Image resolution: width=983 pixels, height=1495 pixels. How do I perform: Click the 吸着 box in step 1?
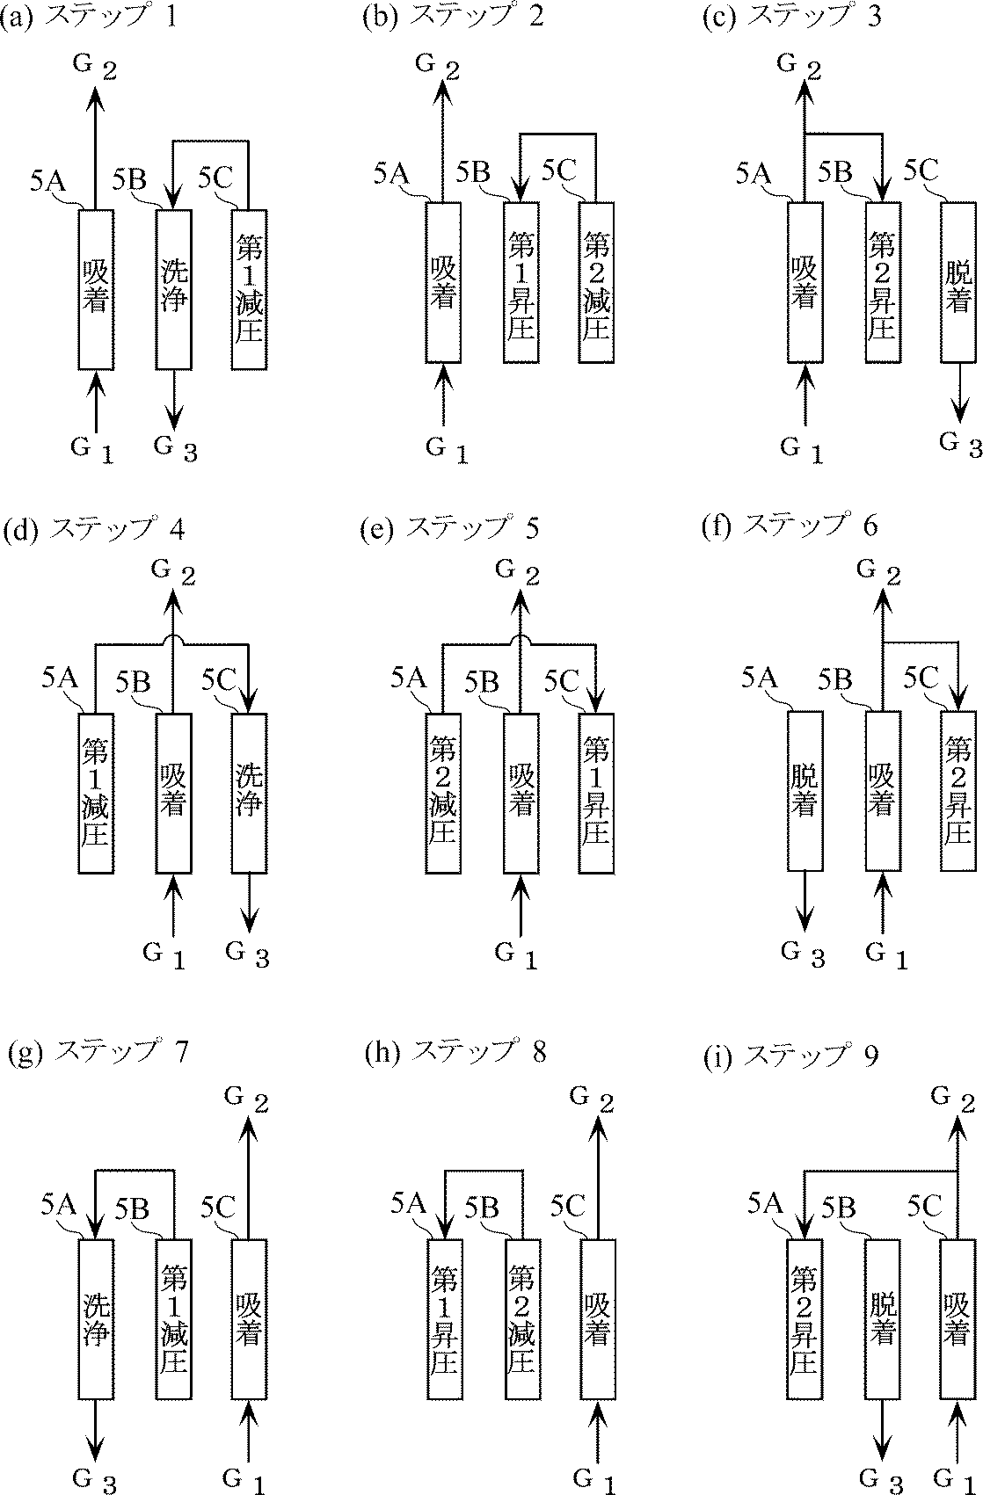(96, 289)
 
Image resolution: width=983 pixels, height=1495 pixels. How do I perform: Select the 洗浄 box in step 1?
(173, 289)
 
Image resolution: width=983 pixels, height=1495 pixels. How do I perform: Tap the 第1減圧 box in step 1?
(250, 289)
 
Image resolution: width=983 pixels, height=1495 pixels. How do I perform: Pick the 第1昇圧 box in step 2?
(521, 283)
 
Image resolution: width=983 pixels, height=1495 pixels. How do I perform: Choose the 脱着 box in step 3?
(958, 283)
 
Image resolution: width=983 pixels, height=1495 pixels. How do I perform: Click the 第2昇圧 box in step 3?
(882, 283)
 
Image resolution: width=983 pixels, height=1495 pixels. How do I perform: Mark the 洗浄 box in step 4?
(250, 793)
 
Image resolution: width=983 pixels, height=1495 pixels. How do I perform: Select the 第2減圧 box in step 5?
(443, 793)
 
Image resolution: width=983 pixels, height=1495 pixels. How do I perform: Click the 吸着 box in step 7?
(250, 1318)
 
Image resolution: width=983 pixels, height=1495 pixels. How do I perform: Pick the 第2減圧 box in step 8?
(521, 1318)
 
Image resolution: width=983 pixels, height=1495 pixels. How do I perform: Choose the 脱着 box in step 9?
(882, 1318)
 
